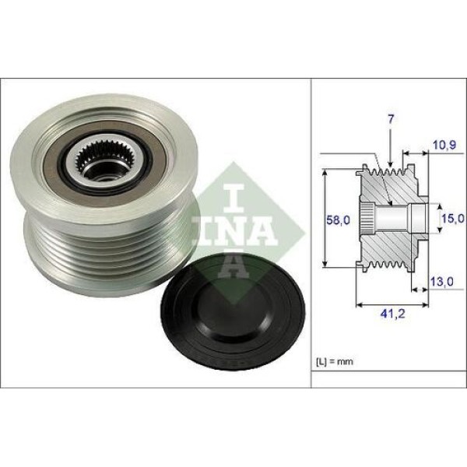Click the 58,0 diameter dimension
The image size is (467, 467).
(338, 220)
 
